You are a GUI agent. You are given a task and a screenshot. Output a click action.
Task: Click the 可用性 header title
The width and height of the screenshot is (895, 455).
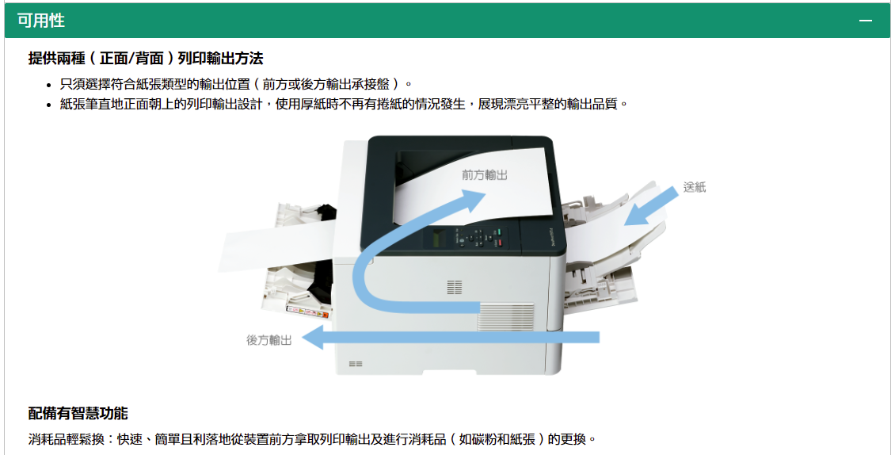tap(41, 21)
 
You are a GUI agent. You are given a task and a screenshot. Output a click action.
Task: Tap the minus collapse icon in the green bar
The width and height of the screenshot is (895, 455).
tap(866, 21)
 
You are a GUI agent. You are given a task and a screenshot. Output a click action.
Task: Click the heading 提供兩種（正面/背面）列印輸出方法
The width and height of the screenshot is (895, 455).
tap(146, 59)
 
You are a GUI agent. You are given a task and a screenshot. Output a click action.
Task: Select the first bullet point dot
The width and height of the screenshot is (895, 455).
tap(49, 85)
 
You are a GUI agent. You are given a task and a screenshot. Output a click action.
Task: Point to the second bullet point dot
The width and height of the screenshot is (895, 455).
tap(49, 105)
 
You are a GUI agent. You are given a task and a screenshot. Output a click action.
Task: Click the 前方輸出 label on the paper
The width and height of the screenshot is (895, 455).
tap(485, 175)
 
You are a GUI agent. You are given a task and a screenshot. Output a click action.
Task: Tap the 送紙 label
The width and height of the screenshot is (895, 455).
tap(695, 188)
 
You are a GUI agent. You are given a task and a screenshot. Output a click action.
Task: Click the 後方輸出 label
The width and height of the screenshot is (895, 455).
tap(268, 340)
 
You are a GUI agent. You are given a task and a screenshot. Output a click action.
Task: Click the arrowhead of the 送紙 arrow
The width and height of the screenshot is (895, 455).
tap(634, 216)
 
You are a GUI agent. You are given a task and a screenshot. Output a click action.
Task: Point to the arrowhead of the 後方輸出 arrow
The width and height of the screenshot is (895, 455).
tap(312, 337)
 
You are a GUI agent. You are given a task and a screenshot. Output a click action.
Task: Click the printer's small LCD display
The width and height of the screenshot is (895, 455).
tap(438, 238)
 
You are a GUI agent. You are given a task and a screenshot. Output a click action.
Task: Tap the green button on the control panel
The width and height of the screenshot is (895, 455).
tap(497, 232)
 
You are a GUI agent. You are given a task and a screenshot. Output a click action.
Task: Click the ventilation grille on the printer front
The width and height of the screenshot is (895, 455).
tap(506, 316)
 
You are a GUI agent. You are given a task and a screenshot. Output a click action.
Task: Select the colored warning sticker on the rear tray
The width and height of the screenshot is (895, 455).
tap(307, 312)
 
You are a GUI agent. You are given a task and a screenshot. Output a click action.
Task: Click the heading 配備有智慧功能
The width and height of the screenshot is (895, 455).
tap(78, 413)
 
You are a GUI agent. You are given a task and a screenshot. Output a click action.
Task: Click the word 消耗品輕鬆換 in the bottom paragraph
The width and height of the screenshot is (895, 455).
tap(67, 439)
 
